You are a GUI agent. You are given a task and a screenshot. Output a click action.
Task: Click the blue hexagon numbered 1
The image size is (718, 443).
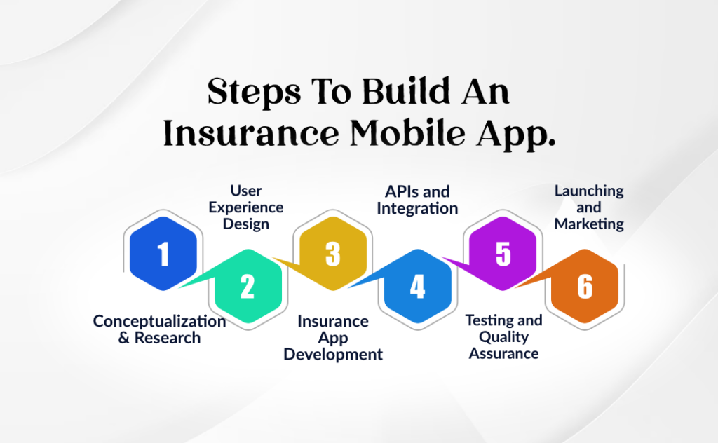[x=163, y=254]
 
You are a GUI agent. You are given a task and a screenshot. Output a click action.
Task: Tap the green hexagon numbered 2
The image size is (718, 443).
[x=247, y=287]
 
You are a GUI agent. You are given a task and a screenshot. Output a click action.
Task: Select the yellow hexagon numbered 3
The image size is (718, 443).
[x=333, y=254]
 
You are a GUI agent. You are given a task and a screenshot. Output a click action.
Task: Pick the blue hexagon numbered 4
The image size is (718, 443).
[x=417, y=287]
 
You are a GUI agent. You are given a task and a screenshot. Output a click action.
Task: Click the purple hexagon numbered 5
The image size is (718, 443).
[x=503, y=254]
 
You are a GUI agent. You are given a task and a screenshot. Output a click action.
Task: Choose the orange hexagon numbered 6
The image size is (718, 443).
[x=585, y=287]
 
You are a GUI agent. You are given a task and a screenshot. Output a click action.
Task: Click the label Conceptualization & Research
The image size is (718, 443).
[x=159, y=329]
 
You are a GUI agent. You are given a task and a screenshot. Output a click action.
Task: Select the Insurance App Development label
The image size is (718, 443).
[x=333, y=338]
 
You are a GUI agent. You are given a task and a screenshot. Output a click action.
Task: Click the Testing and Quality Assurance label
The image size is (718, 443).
[x=503, y=336]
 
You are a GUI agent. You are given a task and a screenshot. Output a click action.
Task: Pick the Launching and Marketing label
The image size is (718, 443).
[x=589, y=207]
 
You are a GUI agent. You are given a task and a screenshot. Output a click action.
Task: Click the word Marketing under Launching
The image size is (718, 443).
[x=589, y=225]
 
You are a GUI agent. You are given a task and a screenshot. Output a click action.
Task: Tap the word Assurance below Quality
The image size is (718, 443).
[x=503, y=353]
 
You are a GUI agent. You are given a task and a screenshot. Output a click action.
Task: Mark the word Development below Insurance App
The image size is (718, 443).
[x=333, y=355]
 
